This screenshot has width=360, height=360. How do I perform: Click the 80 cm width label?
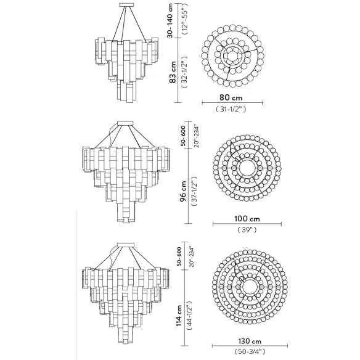click(x=231, y=97)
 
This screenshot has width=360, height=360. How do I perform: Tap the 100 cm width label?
click(x=247, y=219)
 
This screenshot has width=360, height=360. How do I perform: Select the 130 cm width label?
click(x=250, y=341)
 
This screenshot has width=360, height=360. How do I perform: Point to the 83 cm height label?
click(x=173, y=72)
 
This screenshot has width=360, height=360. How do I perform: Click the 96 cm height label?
click(x=183, y=191)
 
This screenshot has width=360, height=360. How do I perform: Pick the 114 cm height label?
click(x=179, y=315)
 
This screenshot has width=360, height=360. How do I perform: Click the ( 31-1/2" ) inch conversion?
click(x=231, y=109)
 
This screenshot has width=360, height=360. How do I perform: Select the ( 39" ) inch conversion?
click(x=247, y=229)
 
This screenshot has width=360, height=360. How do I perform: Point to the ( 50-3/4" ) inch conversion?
click(x=250, y=351)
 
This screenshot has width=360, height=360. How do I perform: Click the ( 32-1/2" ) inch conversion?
click(x=185, y=72)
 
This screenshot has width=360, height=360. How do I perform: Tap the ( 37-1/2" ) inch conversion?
click(x=194, y=191)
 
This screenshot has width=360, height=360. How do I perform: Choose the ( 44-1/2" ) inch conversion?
click(x=190, y=316)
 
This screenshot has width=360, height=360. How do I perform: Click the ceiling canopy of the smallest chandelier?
click(x=126, y=4)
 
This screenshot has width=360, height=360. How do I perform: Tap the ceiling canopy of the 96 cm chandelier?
click(x=125, y=123)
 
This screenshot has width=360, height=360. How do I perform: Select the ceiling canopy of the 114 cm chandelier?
click(x=125, y=245)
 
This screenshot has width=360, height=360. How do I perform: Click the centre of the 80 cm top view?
click(x=233, y=56)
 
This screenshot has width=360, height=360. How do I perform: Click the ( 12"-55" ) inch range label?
click(x=185, y=19)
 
